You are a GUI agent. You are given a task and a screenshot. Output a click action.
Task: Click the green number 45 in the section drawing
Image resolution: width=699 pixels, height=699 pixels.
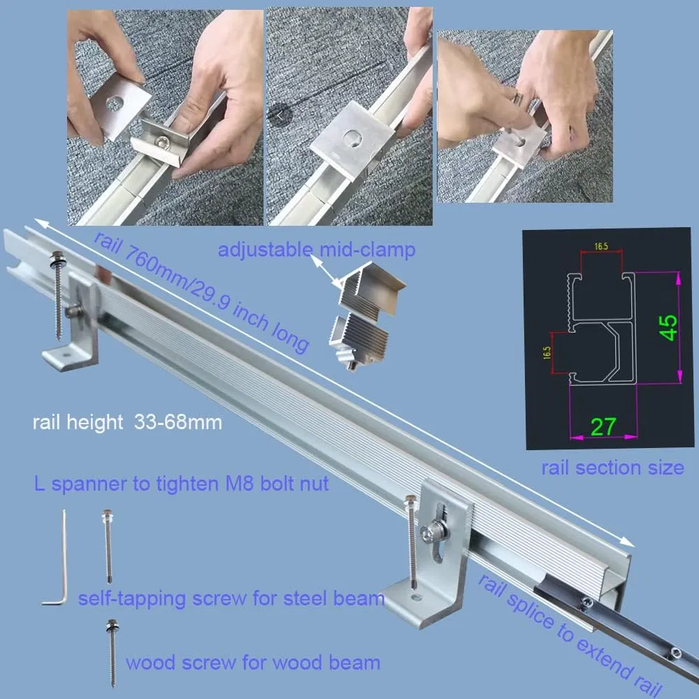(669, 327)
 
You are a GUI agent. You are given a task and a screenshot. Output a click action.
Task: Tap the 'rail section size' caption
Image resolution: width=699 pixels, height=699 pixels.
(612, 468)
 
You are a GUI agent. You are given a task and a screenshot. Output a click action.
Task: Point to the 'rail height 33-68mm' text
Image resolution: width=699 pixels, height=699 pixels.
(127, 422)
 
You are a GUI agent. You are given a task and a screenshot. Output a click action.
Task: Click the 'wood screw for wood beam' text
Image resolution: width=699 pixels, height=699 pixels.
(252, 662)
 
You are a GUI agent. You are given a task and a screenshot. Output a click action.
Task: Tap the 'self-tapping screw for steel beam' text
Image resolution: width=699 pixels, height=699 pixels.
(231, 598)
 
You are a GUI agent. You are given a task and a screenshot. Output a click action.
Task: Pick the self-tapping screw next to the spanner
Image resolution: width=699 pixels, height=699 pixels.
(108, 545)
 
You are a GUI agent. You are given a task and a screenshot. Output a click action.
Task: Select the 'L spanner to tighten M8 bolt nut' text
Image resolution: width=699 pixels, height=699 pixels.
(181, 483)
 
